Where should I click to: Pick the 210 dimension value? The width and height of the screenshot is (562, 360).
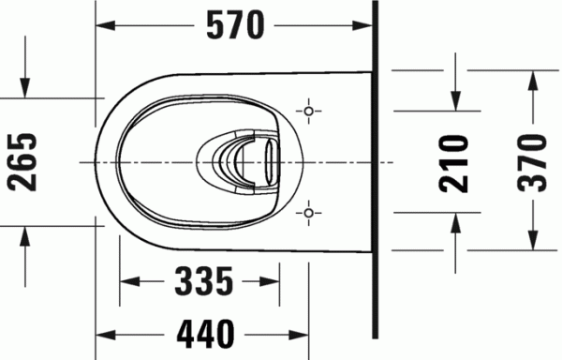pyautogui.click(x=455, y=162)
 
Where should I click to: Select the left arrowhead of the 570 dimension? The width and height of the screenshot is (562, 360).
pyautogui.click(x=104, y=27)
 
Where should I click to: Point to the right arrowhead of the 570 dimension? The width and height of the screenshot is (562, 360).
pyautogui.click(x=365, y=27)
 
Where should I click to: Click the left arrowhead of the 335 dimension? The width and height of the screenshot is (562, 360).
pyautogui.click(x=128, y=279)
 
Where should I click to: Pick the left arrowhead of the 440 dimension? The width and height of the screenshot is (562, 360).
pyautogui.click(x=104, y=333)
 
